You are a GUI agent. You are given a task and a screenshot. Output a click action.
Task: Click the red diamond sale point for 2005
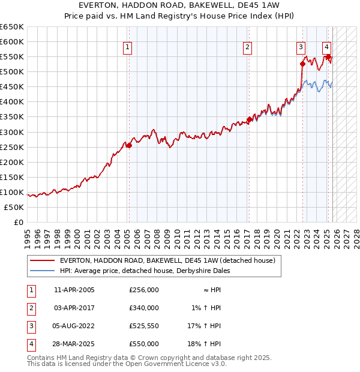pyautogui.click(x=129, y=145)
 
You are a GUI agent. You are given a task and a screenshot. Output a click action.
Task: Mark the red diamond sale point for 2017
pyautogui.click(x=249, y=120)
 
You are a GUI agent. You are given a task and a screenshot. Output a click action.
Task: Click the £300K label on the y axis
pyautogui.click(x=12, y=132)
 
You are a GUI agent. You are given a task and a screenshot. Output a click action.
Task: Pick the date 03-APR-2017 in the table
pyautogui.click(x=74, y=307)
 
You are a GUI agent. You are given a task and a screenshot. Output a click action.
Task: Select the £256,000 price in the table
pyautogui.click(x=144, y=289)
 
